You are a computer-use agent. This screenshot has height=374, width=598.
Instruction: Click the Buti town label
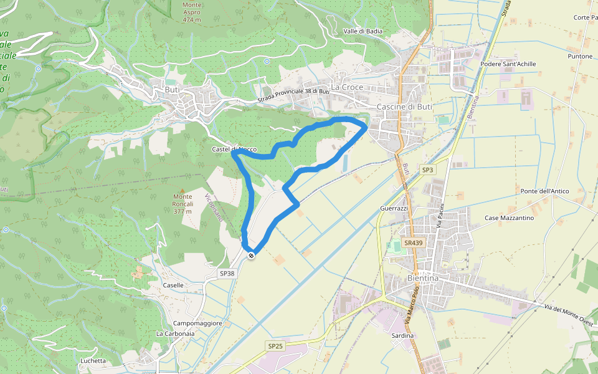[x=172, y=90]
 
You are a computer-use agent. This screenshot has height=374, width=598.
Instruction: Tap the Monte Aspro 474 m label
[x=192, y=12]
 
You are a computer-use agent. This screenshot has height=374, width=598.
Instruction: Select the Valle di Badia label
[x=363, y=31]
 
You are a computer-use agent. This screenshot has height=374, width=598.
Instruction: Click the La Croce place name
[x=347, y=87]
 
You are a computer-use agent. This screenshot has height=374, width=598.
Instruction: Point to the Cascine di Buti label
[x=404, y=107]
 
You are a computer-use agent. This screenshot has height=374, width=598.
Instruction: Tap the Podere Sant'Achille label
[x=508, y=64]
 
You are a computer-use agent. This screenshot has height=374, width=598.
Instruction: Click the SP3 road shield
[x=427, y=170]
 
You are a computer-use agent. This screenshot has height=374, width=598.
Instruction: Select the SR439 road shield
[x=412, y=242]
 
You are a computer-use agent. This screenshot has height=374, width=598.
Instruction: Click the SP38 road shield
[x=227, y=273]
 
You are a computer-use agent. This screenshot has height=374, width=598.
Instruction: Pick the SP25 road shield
[x=275, y=345]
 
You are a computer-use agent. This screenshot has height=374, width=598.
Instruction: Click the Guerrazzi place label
[x=394, y=208]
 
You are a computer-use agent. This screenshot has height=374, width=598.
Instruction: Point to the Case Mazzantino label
[x=510, y=218]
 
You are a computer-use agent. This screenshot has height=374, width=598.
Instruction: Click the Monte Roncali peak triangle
[x=183, y=190]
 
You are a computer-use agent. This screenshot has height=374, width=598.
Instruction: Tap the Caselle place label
[x=173, y=285]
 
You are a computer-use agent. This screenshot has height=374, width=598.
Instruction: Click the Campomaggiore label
[x=198, y=323]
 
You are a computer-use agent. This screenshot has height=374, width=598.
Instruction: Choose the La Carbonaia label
[x=175, y=333]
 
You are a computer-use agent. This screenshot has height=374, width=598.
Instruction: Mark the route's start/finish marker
[x=251, y=255]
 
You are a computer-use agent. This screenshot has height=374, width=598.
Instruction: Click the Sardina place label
[x=403, y=335]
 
